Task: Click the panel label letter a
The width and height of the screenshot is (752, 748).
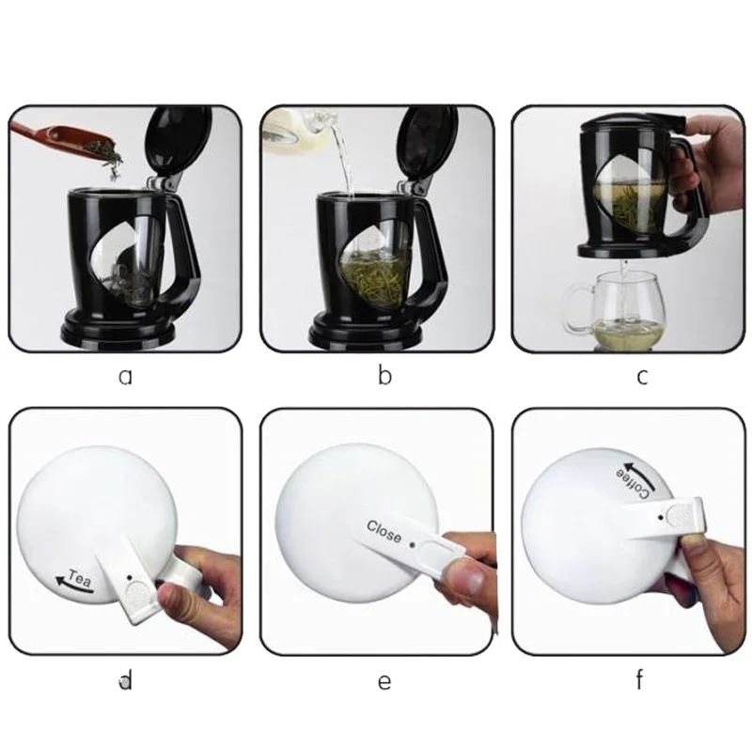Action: point(125,377)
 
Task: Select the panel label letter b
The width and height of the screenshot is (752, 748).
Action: point(384,375)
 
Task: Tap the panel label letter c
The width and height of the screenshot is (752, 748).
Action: point(642,377)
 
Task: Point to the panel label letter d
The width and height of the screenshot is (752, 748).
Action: point(126,680)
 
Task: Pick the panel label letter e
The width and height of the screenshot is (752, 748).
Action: point(384,682)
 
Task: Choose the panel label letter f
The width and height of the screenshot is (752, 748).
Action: point(639,680)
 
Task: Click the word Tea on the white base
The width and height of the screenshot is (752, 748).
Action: point(80,578)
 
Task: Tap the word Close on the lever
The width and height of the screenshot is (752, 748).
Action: point(384,531)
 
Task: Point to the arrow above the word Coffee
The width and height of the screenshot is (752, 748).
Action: point(641,473)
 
